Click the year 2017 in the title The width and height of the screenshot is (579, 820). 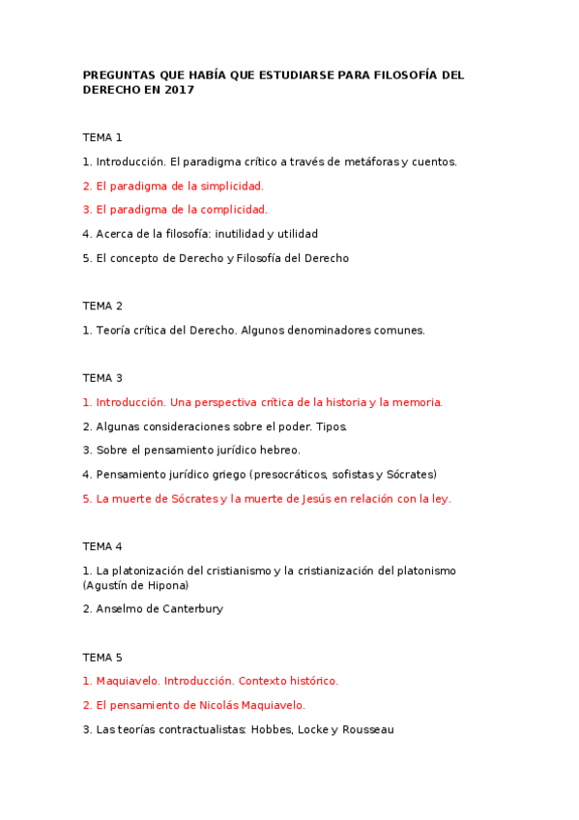click(x=180, y=90)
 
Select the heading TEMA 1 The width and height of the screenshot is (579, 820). click(x=102, y=137)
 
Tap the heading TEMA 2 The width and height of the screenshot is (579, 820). click(x=102, y=306)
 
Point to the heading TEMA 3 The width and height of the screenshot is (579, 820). click(x=102, y=378)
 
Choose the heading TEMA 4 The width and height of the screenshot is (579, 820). click(x=102, y=546)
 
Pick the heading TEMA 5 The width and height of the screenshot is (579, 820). click(x=102, y=657)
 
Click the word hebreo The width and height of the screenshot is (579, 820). click(x=276, y=451)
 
